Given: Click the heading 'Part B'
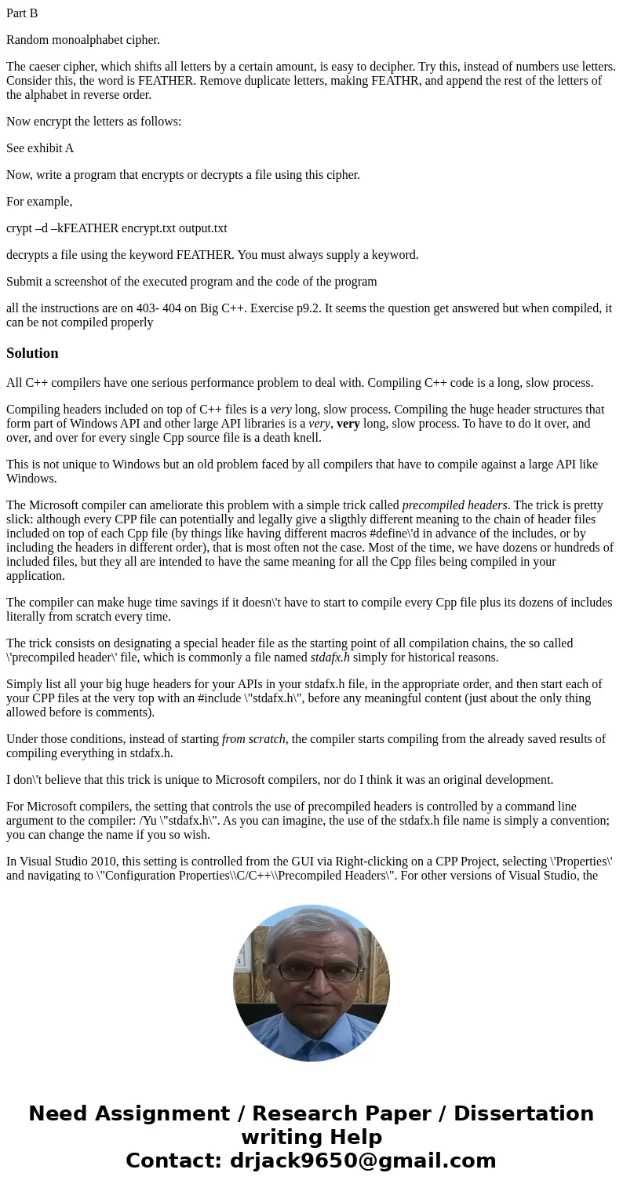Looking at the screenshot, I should coord(22,13).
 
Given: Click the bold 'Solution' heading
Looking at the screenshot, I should coord(32,353).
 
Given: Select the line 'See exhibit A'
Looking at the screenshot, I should coord(40,148).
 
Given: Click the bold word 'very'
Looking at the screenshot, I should coord(348,424).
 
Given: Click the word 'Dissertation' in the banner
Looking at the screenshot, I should coord(523,1113).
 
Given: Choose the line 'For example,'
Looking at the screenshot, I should coord(39,202).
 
